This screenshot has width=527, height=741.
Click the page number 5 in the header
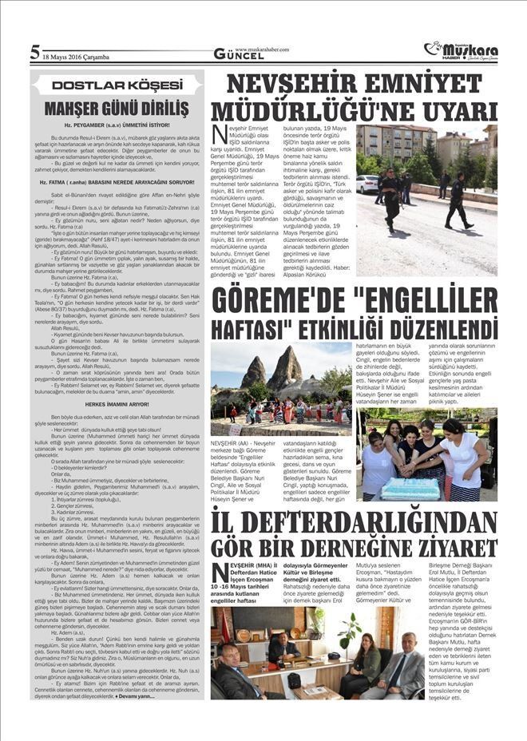pyautogui.click(x=35, y=53)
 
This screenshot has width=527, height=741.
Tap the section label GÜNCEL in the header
pyautogui.click(x=239, y=55)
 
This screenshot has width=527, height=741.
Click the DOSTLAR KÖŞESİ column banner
pyautogui.click(x=117, y=85)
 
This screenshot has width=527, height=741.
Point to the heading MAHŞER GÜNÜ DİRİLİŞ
pyautogui.click(x=117, y=107)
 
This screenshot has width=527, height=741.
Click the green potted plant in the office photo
pyautogui.click(x=348, y=631)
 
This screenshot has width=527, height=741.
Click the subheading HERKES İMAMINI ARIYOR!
pyautogui.click(x=117, y=404)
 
